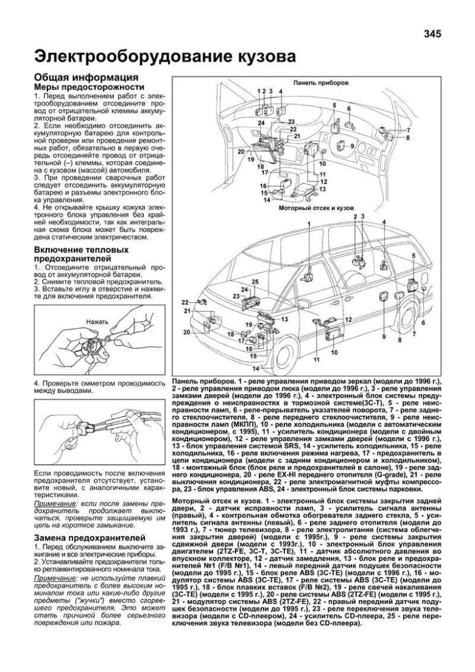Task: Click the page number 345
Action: tap(440, 34)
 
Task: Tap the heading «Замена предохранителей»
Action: tap(90, 538)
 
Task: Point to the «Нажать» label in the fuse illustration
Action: tap(97, 321)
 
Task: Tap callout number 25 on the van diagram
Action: tap(255, 281)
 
